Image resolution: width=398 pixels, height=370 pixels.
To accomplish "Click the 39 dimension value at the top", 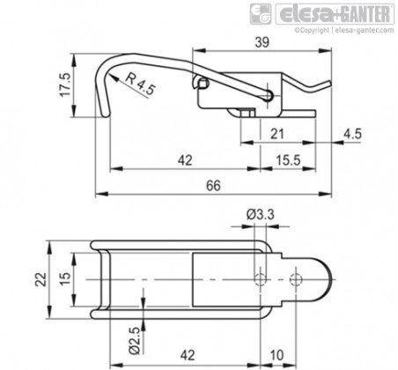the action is click(262, 42).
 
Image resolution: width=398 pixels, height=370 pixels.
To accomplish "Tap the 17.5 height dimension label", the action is click(65, 85).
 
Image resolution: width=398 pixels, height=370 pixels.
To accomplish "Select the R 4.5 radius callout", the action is click(140, 84).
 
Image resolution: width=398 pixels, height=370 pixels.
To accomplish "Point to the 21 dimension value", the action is click(277, 134).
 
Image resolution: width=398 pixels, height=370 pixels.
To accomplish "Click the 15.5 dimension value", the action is click(288, 160).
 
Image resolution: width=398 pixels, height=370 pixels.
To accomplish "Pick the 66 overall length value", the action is click(213, 186).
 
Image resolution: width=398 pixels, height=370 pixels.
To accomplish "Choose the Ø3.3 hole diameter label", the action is click(261, 215).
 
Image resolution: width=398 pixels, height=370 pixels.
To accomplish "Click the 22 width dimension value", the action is click(41, 279).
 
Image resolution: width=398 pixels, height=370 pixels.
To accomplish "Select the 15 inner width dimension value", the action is click(65, 279).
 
